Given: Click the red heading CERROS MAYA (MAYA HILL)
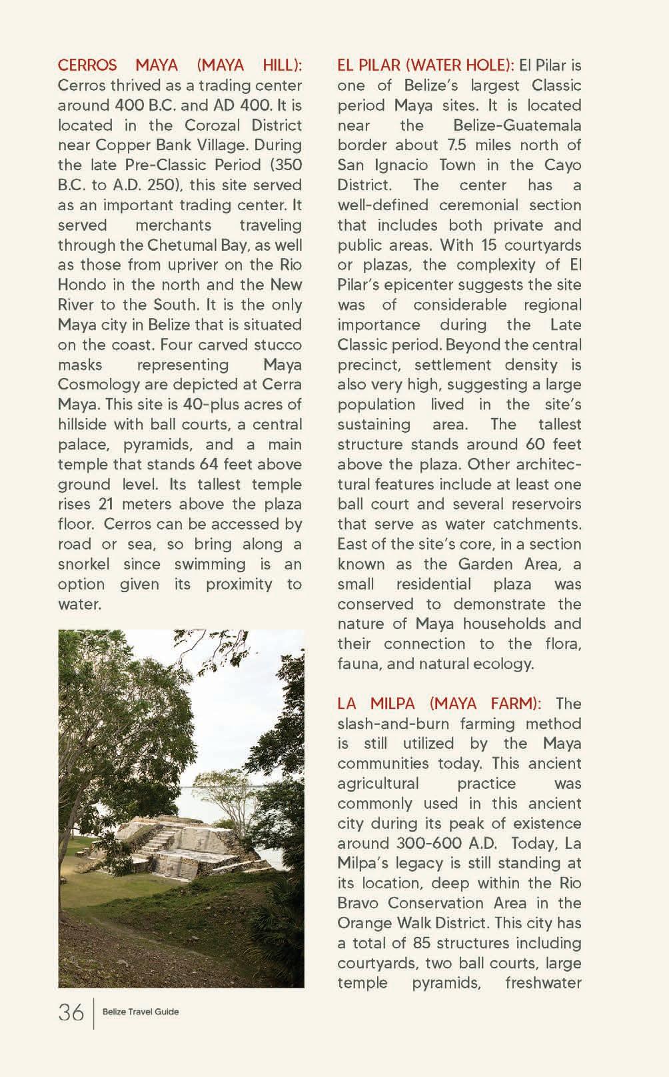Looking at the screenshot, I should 180,65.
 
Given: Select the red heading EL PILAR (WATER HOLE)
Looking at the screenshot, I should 425,65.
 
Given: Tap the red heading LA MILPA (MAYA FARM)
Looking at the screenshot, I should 439,704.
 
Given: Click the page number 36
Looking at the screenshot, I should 71,1012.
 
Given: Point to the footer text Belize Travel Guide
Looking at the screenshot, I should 141,1012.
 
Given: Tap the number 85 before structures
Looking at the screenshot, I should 422,943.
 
